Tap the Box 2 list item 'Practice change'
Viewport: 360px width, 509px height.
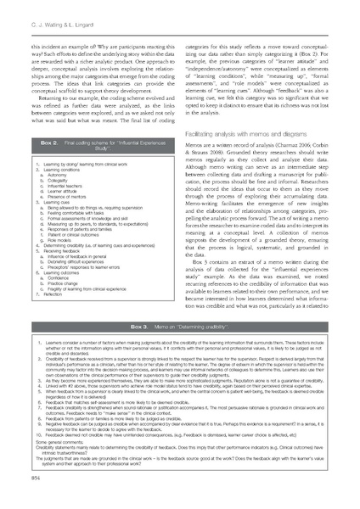pos(65,283)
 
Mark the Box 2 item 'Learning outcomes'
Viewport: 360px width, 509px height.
pos(62,272)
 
